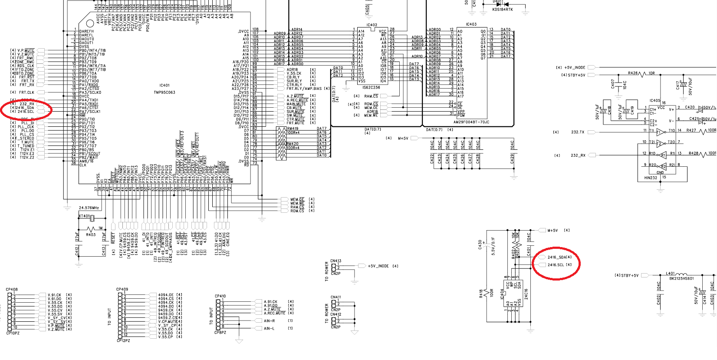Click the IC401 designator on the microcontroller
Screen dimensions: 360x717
click(x=164, y=86)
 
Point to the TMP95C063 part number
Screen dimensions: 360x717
click(x=164, y=92)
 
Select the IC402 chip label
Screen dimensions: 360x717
click(x=372, y=25)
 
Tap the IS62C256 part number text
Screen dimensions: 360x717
click(x=372, y=87)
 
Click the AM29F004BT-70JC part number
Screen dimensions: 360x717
click(x=471, y=122)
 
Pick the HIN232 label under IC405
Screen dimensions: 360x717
click(x=651, y=178)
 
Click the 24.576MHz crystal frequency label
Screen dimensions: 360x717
click(x=89, y=208)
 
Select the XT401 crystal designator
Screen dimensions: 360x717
click(x=84, y=216)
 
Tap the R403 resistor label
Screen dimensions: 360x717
click(x=91, y=235)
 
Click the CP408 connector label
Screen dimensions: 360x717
click(x=12, y=289)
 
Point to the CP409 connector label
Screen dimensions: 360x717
click(x=122, y=289)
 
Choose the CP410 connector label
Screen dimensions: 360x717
click(x=220, y=296)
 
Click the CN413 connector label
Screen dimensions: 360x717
click(x=336, y=261)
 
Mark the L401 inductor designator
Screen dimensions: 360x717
click(x=671, y=274)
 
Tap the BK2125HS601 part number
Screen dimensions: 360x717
click(x=681, y=279)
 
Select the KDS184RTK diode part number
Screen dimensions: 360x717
click(x=503, y=10)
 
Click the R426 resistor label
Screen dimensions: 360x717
click(x=633, y=73)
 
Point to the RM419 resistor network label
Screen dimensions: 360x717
click(x=293, y=129)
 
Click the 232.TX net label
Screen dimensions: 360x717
click(x=578, y=132)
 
